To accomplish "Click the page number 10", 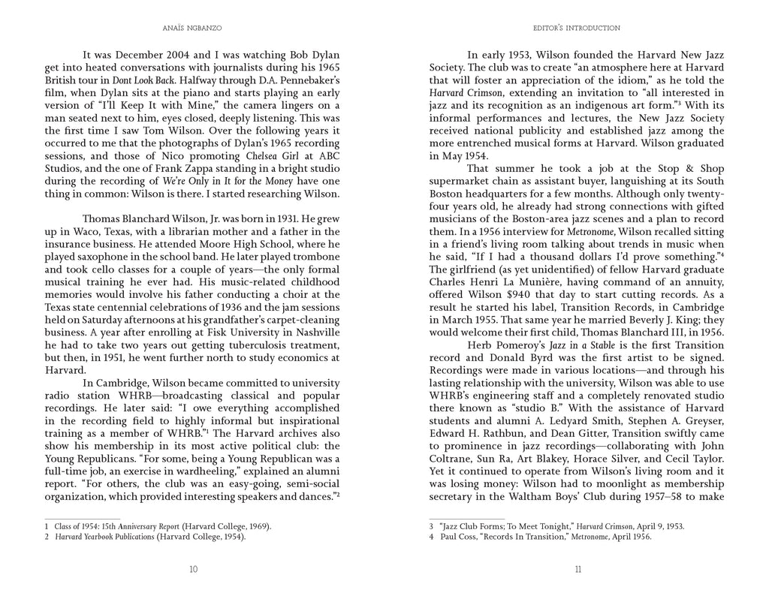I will coord(193,569).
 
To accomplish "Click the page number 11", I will coord(577,569).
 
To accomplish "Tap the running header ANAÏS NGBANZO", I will coord(193,29).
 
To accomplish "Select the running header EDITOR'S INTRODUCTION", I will coord(577,29).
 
